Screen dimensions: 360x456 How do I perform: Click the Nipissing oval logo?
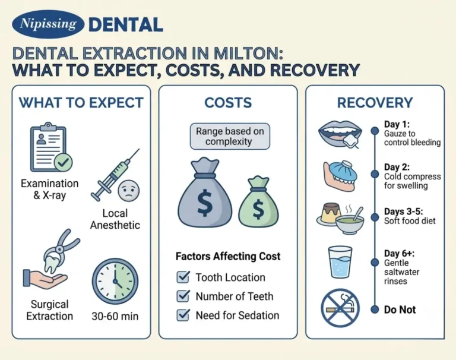coord(48,24)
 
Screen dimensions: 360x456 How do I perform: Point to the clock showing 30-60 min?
coord(115,281)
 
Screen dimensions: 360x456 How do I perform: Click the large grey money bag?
coord(204,193)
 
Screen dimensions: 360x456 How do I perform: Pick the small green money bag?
coord(258,201)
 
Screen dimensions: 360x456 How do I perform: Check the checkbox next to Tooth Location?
coord(183,277)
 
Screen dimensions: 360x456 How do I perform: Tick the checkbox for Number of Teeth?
coord(183,296)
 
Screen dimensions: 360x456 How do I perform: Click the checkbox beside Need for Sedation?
coord(183,315)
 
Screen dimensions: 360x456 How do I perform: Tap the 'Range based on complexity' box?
coord(229,136)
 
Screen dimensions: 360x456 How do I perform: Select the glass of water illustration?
coord(340,262)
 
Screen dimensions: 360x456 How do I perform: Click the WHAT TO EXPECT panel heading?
coord(81,103)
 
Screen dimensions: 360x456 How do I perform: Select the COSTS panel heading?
coord(228,103)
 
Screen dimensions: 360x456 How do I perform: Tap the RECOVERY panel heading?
coord(375,103)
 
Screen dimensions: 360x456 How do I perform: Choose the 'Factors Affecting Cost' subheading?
coord(228,257)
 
